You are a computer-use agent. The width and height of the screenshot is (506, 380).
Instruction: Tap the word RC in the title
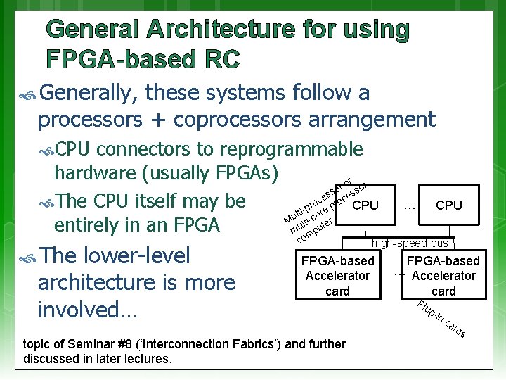click(219, 59)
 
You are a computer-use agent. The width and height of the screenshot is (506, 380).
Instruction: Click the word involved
click(84, 309)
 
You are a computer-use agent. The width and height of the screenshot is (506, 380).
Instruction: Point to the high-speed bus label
click(410, 243)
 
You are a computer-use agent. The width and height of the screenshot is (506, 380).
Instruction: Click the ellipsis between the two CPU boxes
click(410, 205)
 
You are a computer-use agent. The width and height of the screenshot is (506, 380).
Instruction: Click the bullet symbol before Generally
click(30, 93)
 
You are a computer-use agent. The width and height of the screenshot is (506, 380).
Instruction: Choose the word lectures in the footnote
click(148, 359)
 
